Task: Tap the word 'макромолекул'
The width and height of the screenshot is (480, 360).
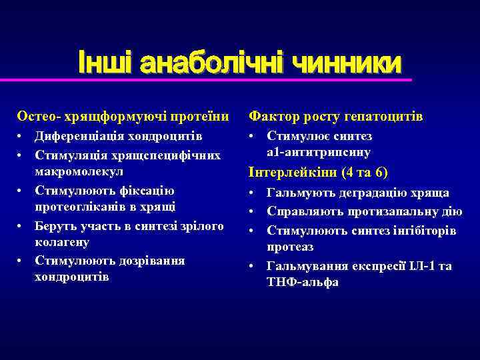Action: pyautogui.click(x=78, y=172)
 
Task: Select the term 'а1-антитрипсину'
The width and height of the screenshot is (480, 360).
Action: pyautogui.click(x=319, y=153)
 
